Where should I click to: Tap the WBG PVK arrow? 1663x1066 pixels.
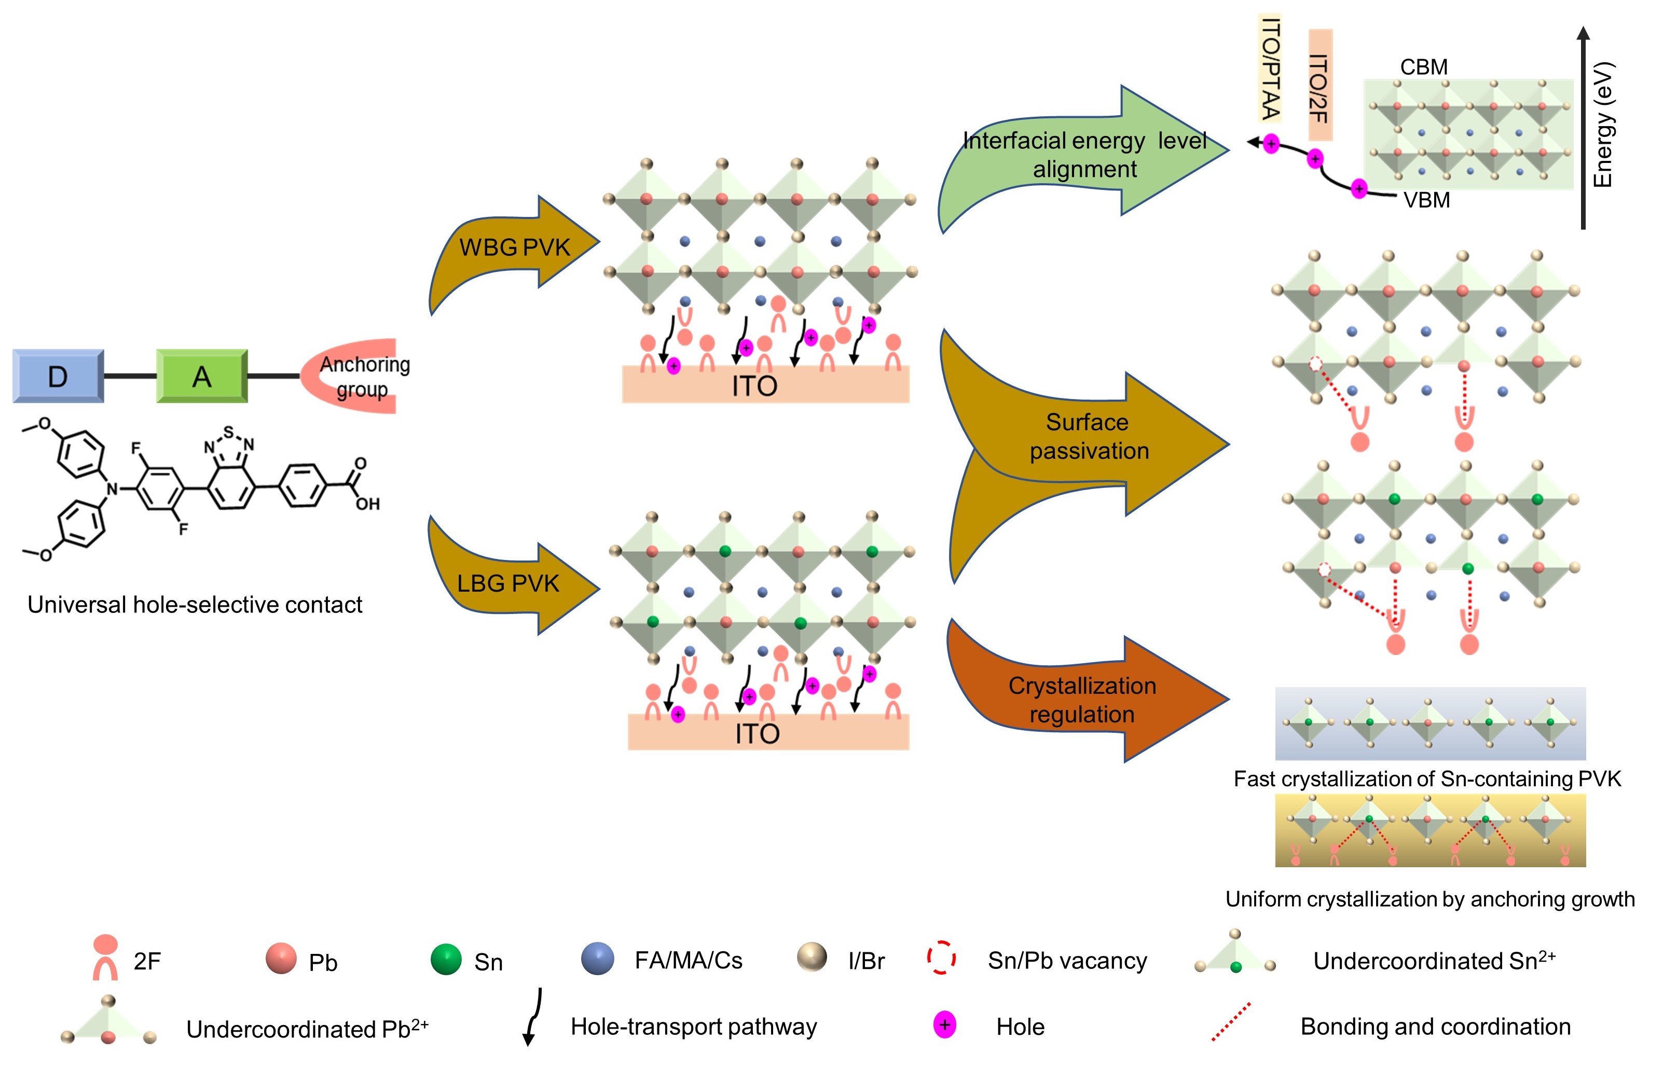515,247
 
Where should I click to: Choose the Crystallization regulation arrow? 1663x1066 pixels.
1082,699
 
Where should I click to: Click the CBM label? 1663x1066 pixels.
1424,67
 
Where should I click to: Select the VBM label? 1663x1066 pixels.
1426,200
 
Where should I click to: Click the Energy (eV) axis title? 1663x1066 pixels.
1603,125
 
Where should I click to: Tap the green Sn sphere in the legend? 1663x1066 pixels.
446,960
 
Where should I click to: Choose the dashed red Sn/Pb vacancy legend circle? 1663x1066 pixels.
942,958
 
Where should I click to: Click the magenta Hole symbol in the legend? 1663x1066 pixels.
945,1025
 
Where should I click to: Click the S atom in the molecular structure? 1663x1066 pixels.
229,431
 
